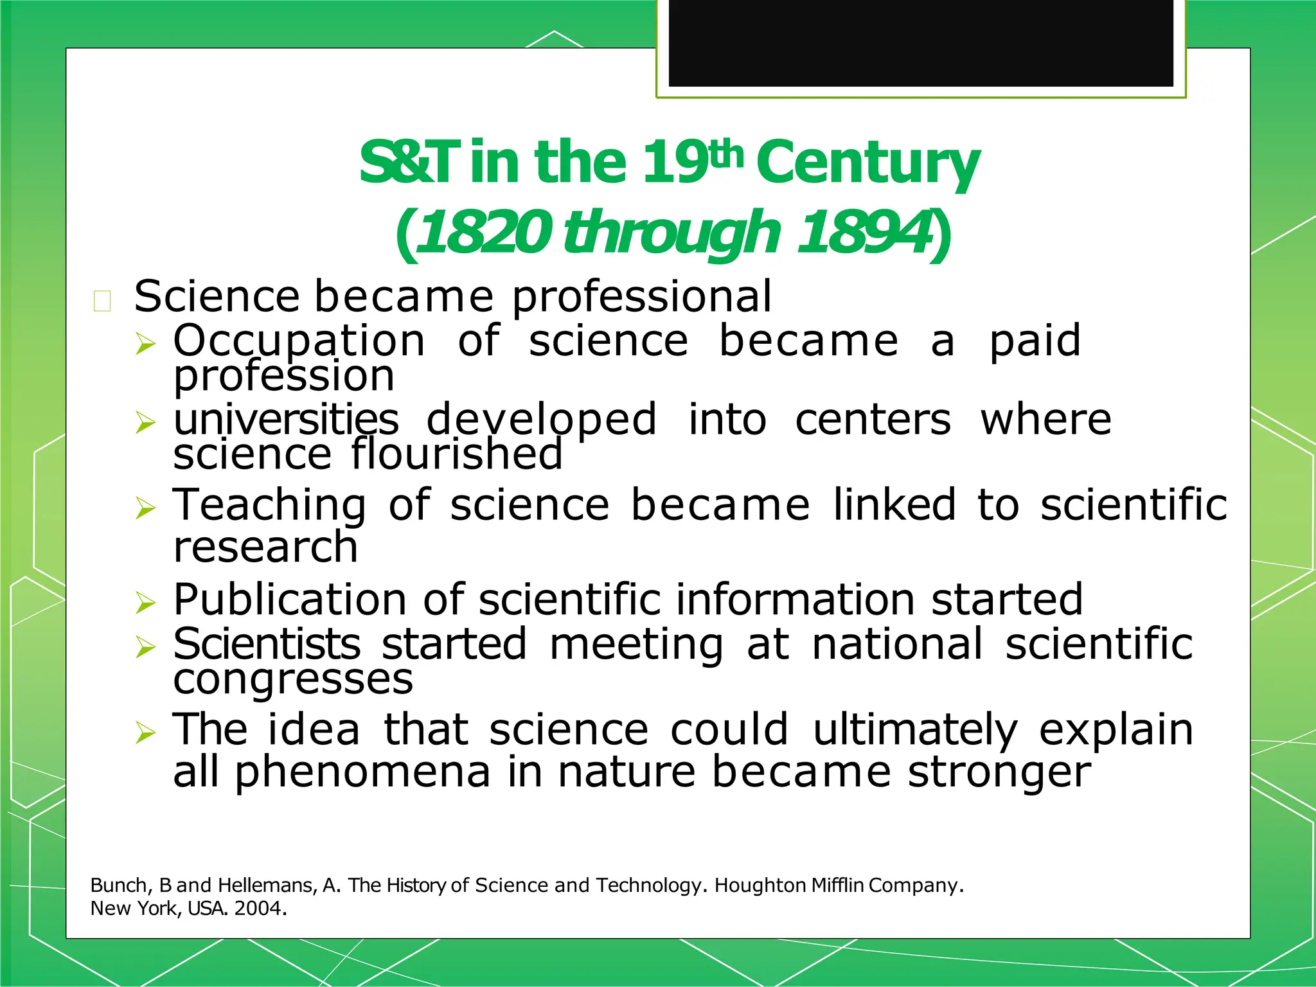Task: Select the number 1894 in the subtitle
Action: click(865, 232)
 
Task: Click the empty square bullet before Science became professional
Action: click(102, 301)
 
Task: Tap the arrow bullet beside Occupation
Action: click(146, 344)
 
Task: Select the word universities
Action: click(286, 420)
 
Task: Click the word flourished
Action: click(457, 454)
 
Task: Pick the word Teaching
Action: click(270, 505)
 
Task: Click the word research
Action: click(265, 547)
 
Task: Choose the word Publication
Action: click(290, 600)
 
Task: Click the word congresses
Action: click(293, 679)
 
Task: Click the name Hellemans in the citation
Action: click(267, 885)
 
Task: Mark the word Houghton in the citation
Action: click(760, 885)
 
